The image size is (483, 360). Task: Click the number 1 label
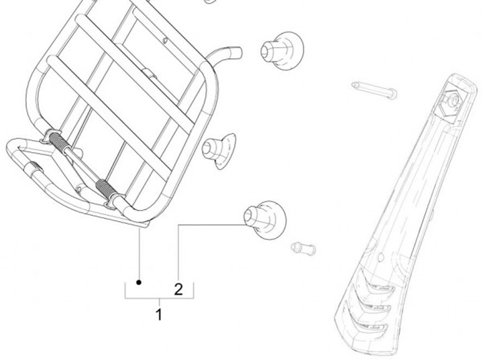[x=159, y=314]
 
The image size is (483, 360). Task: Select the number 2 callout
[x=178, y=290]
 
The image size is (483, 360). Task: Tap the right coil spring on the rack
[x=107, y=187]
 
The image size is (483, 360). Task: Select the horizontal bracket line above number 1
[x=159, y=297]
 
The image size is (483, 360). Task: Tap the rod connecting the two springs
[x=83, y=165]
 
